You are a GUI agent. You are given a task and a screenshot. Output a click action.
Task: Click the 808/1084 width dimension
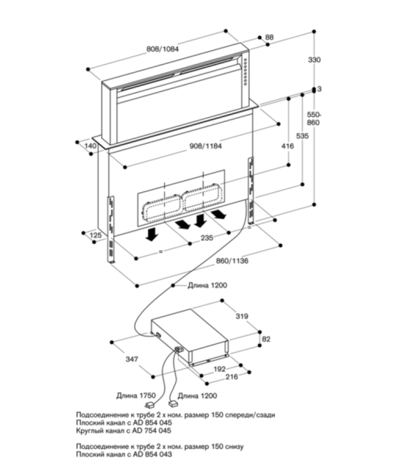[x=162, y=49]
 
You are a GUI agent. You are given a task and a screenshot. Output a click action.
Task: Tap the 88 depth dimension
[x=270, y=37]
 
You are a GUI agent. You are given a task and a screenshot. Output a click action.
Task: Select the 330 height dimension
[x=314, y=60]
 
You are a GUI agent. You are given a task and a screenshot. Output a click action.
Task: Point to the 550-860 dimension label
[x=314, y=118]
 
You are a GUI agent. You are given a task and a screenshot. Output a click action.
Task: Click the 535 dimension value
[x=303, y=136]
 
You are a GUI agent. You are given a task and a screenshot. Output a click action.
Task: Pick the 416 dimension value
[x=288, y=146]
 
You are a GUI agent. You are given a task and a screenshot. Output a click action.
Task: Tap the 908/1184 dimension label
[x=206, y=146]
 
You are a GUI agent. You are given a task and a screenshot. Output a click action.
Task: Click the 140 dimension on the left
[x=91, y=146]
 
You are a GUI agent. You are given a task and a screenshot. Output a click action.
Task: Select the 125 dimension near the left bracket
[x=96, y=235]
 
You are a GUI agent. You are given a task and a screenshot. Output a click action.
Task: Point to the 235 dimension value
[x=207, y=238]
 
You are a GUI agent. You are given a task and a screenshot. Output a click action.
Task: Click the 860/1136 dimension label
[x=232, y=260]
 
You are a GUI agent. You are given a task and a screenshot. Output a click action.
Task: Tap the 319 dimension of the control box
[x=242, y=316]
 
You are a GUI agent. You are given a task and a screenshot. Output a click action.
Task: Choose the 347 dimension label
[x=132, y=359]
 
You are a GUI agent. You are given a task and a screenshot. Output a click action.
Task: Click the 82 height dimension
[x=266, y=339]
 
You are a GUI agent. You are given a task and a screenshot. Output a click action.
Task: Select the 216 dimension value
[x=232, y=376]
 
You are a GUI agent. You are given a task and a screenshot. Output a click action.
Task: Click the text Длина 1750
[x=136, y=395]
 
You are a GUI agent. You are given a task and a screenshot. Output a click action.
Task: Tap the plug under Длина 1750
[x=150, y=405]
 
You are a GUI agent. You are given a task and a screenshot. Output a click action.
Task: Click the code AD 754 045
[x=152, y=430]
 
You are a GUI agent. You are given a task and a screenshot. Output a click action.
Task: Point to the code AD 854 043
[x=152, y=454]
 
